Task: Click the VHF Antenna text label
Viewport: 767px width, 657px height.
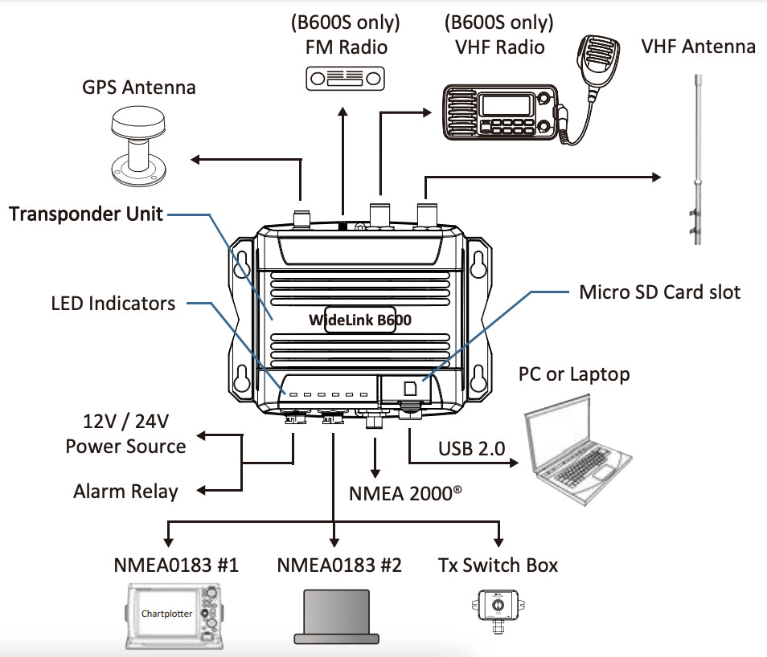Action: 698,46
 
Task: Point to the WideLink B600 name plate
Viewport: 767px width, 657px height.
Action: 359,320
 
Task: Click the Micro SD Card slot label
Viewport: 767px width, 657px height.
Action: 660,292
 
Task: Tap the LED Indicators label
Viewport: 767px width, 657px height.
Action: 113,303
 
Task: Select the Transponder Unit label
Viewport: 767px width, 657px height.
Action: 86,214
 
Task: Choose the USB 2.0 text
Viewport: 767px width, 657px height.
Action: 471,447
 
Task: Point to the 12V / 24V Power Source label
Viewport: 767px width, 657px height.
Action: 125,434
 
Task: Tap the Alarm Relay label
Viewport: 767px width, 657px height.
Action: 125,491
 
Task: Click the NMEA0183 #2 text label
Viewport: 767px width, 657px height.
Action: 338,565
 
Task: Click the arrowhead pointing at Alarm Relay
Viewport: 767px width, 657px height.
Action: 202,491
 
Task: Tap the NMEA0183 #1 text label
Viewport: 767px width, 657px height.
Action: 176,565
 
